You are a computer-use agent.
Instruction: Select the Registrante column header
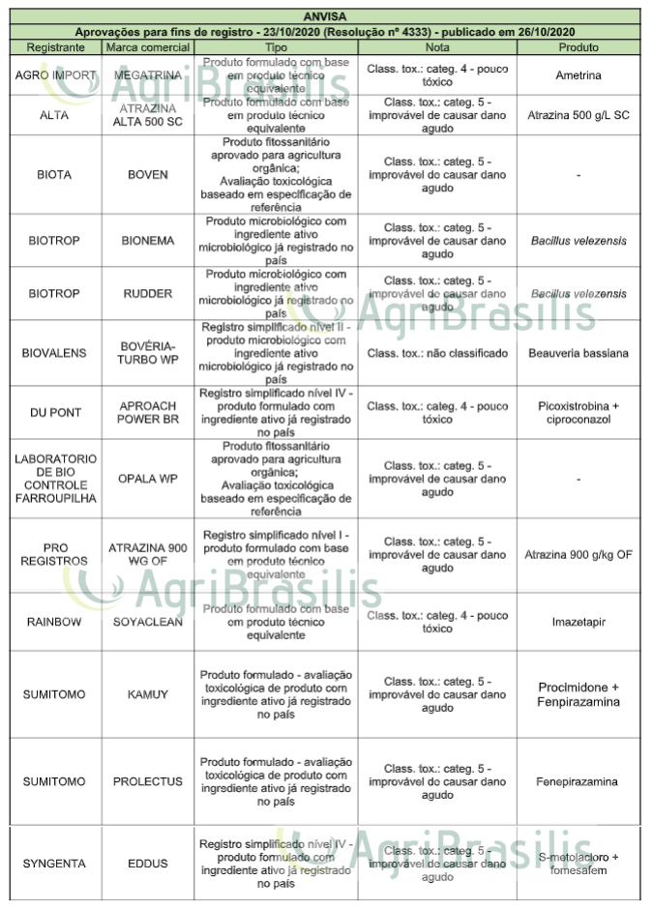(54, 46)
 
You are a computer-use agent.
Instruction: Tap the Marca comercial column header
(148, 46)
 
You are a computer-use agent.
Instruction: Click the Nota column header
(437, 46)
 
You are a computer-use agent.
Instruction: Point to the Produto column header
(579, 46)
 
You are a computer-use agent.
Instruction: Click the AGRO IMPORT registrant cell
(54, 73)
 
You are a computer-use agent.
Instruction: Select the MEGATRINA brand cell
(148, 73)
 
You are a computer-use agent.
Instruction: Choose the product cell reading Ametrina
(579, 73)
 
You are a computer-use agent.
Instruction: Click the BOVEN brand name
(148, 175)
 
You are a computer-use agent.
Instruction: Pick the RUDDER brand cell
(148, 294)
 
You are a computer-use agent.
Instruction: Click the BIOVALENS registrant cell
(54, 353)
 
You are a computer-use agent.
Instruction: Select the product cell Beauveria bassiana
(579, 353)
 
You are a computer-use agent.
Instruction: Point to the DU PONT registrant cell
(54, 413)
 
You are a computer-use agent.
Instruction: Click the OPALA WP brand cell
(148, 479)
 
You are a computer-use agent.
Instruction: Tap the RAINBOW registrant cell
(54, 622)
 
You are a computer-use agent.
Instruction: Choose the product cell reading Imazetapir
(579, 622)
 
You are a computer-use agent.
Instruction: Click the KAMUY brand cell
(148, 694)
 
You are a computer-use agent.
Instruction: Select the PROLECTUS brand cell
(148, 781)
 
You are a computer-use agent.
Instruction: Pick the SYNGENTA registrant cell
(54, 864)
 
